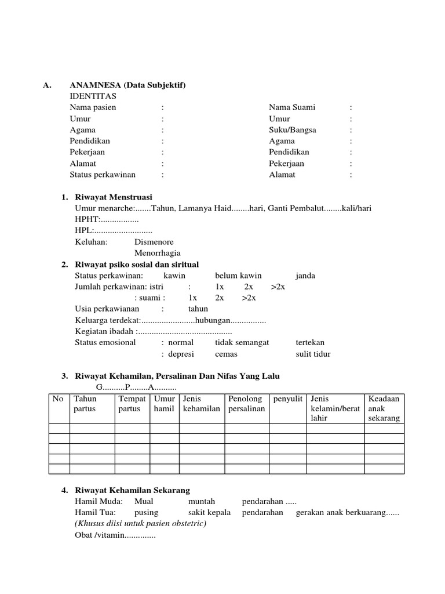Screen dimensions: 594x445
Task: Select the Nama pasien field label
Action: (93, 107)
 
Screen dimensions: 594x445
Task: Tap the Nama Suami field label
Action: (293, 107)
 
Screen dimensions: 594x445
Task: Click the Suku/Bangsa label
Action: (293, 130)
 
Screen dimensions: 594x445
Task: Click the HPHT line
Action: (107, 220)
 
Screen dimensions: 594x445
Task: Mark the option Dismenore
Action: (154, 242)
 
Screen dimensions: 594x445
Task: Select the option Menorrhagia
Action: (158, 253)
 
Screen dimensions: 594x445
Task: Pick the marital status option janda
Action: (305, 276)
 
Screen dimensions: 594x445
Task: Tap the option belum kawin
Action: (238, 276)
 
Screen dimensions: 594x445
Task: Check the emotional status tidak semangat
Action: (242, 342)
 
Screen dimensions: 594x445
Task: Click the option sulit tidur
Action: (313, 354)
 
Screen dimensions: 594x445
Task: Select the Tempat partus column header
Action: (132, 404)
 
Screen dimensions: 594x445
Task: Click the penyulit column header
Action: (289, 399)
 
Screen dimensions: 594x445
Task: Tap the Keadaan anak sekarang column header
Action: (384, 408)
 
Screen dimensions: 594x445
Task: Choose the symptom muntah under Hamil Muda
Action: (202, 501)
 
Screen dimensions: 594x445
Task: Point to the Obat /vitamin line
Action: (115, 535)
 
